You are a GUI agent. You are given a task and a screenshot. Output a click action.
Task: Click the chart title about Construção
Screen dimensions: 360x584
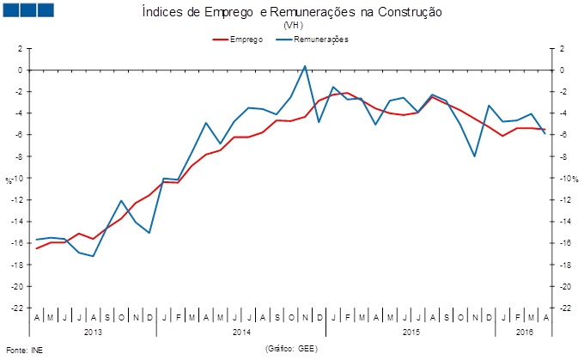click(x=292, y=13)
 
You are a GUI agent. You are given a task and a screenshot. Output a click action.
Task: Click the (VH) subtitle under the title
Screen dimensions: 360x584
click(x=293, y=26)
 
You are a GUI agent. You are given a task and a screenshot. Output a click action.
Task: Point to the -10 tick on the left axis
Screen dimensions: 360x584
click(x=18, y=178)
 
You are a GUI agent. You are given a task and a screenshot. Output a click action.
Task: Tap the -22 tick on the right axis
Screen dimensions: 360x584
click(x=562, y=308)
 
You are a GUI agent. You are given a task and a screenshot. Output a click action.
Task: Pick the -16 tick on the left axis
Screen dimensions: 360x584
click(x=18, y=243)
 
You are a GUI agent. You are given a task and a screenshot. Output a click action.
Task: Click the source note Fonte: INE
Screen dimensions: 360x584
click(x=24, y=351)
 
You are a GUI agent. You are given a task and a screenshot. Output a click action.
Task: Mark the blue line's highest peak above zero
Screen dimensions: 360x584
click(x=305, y=65)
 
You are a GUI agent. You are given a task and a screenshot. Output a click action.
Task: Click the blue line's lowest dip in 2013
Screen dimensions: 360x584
click(x=93, y=256)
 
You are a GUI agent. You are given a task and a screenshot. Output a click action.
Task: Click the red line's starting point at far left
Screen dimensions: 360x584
click(x=36, y=248)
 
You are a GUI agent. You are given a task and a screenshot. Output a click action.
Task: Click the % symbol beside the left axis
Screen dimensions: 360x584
click(x=9, y=180)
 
